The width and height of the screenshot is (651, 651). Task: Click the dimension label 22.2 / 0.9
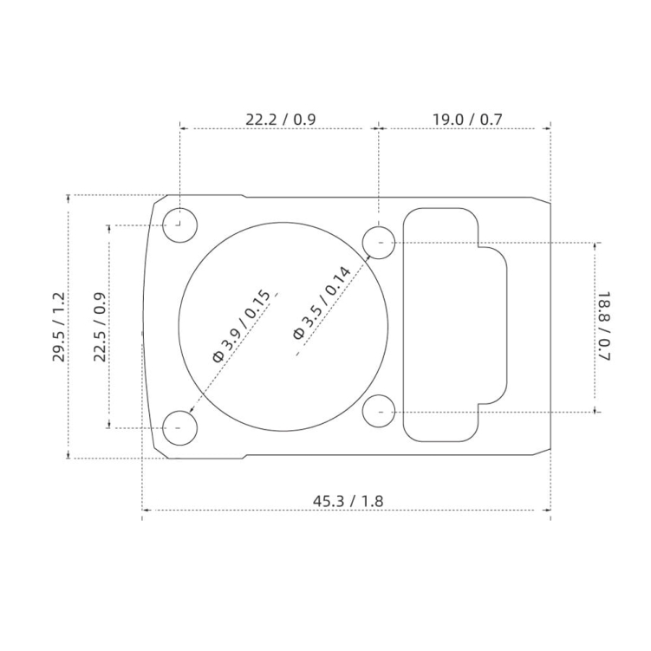pyautogui.click(x=280, y=120)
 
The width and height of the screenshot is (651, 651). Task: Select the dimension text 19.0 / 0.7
pyautogui.click(x=467, y=120)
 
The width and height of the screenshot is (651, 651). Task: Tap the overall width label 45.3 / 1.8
pyautogui.click(x=348, y=500)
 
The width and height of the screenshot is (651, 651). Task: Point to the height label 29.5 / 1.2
pyautogui.click(x=59, y=327)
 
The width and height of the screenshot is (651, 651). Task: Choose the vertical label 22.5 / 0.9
pyautogui.click(x=100, y=327)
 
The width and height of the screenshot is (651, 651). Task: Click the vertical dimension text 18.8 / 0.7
pyautogui.click(x=604, y=327)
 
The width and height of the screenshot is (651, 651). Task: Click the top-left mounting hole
pyautogui.click(x=180, y=225)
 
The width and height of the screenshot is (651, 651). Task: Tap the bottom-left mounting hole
pyautogui.click(x=180, y=427)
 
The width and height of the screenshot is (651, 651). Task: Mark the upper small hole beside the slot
pyautogui.click(x=379, y=242)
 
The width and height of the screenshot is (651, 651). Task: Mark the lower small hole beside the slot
pyautogui.click(x=379, y=411)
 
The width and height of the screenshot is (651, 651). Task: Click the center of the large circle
pyautogui.click(x=283, y=326)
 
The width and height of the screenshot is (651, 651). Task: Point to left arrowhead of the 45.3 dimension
pyautogui.click(x=145, y=510)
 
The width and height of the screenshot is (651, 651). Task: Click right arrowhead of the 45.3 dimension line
pyautogui.click(x=549, y=510)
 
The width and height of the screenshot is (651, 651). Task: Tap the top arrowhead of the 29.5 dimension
pyautogui.click(x=69, y=198)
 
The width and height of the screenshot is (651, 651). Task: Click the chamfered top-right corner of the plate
pyautogui.click(x=542, y=201)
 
